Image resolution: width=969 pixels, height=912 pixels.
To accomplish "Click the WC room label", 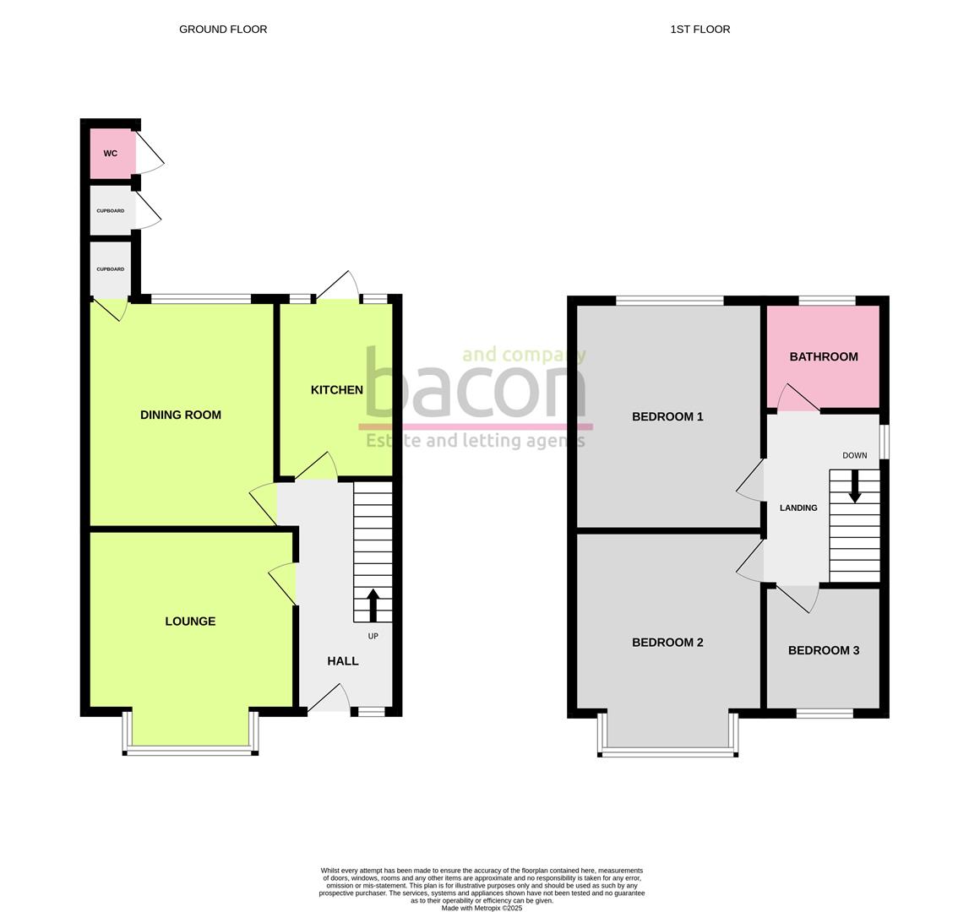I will pos(110,154).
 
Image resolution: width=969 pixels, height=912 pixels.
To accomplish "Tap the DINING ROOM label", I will pos(181,415).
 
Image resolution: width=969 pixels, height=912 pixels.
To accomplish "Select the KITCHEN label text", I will pos(337,389).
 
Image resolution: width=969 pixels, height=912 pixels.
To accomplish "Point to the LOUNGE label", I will pos(190,622).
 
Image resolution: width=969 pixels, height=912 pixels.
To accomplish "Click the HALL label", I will pos(343,661).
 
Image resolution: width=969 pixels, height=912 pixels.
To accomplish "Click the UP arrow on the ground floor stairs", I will pos(373,605).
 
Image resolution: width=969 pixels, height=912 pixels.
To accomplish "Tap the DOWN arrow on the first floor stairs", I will pos(855,486).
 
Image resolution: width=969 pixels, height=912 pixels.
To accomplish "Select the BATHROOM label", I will pos(824,356).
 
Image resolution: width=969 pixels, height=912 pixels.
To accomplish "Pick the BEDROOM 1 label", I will pos(667,416).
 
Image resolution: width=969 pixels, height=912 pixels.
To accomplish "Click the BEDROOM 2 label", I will pos(667,643).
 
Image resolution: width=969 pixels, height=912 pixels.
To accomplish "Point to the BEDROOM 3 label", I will pos(824,650).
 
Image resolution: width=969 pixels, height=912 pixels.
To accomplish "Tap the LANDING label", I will pos(798,508).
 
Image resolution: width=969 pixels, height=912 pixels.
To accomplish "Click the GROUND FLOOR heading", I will pos(223,30).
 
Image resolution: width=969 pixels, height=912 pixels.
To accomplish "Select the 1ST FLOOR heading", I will pos(700,30).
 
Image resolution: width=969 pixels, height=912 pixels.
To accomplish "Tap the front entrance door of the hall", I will pos(330,698).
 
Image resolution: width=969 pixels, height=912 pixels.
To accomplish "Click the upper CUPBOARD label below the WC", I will pos(111,211).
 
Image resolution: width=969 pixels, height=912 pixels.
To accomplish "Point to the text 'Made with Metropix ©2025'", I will pos(482,909).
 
